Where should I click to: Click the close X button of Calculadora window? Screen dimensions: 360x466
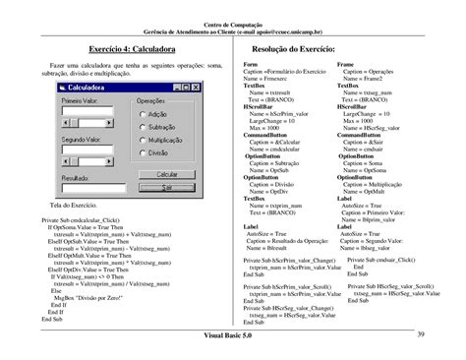pyautogui.click(x=195, y=88)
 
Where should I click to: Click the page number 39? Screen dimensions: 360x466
pyautogui.click(x=420, y=337)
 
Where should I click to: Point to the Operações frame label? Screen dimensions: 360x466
pyautogui.click(x=157, y=100)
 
